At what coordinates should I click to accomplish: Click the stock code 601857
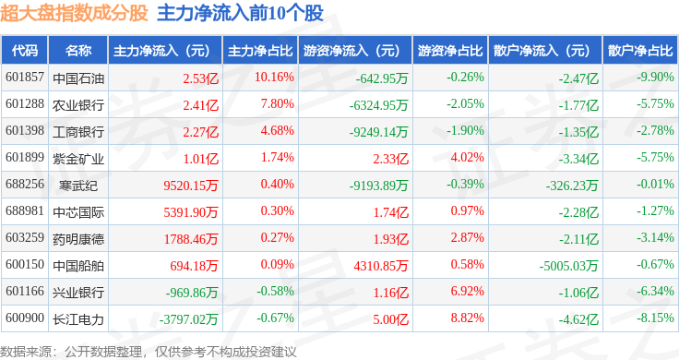pos(25,78)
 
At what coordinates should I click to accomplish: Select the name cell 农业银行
pos(78,105)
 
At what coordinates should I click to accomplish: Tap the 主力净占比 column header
pos(260,51)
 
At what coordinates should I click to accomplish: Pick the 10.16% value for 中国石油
pos(274,78)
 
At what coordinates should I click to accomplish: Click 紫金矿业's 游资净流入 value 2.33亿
pos(390,159)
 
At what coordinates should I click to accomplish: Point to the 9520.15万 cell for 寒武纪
pos(191,186)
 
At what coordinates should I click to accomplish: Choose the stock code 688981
pos(25,211)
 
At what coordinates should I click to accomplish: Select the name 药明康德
pos(78,239)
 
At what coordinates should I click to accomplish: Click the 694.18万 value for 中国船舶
pos(194,266)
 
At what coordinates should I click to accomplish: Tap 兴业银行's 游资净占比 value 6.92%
pos(467,291)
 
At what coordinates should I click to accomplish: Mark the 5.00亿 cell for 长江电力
pos(390,319)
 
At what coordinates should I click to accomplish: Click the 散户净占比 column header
pos(640,51)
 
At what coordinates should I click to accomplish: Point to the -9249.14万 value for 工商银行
pos(378,132)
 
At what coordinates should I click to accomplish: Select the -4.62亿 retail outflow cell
pos(578,319)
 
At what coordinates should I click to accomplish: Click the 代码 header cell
pos(25,51)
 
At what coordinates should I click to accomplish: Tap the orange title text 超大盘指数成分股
pos(74,13)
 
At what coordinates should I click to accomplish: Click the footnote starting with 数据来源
pos(149,352)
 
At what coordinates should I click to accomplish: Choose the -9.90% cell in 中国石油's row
pos(655,78)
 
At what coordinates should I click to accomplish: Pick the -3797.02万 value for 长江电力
pos(188,319)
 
